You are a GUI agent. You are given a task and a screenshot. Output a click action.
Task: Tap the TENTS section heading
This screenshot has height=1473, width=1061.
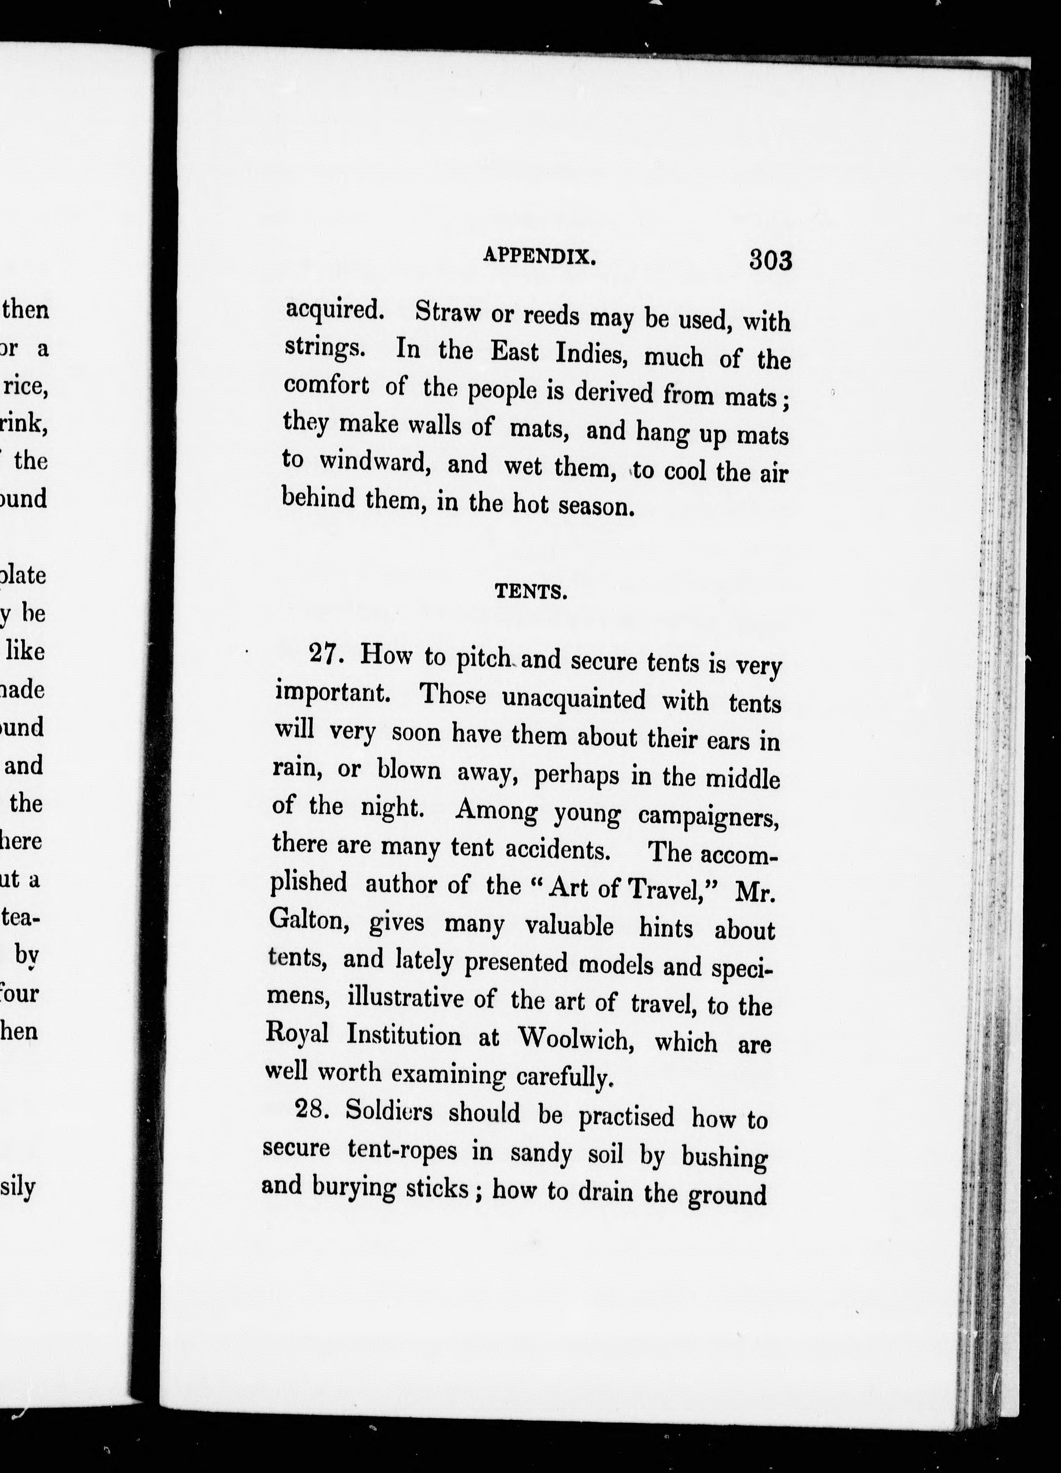click(531, 592)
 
